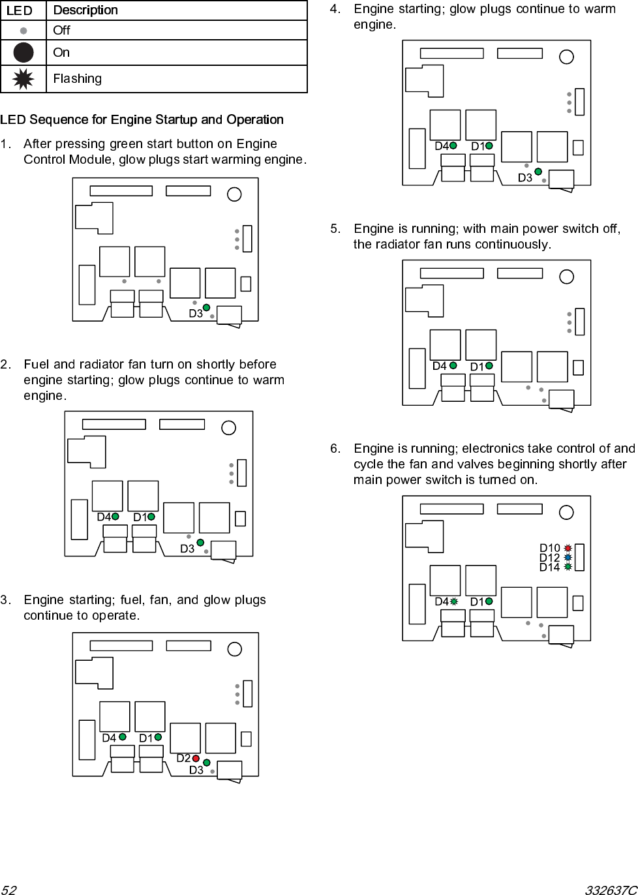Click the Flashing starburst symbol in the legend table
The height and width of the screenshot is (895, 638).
pos(23,79)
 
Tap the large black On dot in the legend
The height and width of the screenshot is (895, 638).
pos(23,52)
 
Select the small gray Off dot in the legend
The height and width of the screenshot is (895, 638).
pos(23,30)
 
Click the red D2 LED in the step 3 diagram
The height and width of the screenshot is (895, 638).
pos(196,758)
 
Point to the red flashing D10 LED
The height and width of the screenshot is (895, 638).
pos(568,549)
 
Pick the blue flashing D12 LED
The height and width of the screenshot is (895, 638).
pos(568,558)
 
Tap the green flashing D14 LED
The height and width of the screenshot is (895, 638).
pos(568,567)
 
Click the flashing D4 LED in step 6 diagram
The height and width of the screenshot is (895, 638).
pos(453,601)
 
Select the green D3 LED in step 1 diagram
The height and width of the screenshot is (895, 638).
pos(206,308)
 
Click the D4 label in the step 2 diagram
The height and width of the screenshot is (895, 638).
pos(104,517)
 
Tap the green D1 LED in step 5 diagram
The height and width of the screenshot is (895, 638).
pos(489,366)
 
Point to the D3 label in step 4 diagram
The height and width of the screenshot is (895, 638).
pos(525,178)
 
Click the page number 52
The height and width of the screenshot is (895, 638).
pos(8,889)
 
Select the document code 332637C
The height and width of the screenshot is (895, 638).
pos(611,889)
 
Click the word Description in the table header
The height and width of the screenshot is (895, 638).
pos(85,10)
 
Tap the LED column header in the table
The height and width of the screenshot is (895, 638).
pos(19,10)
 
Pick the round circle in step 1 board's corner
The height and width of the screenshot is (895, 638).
pos(234,194)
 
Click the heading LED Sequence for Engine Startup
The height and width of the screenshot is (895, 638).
pos(142,119)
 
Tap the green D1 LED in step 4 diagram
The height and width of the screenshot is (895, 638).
pos(489,146)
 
